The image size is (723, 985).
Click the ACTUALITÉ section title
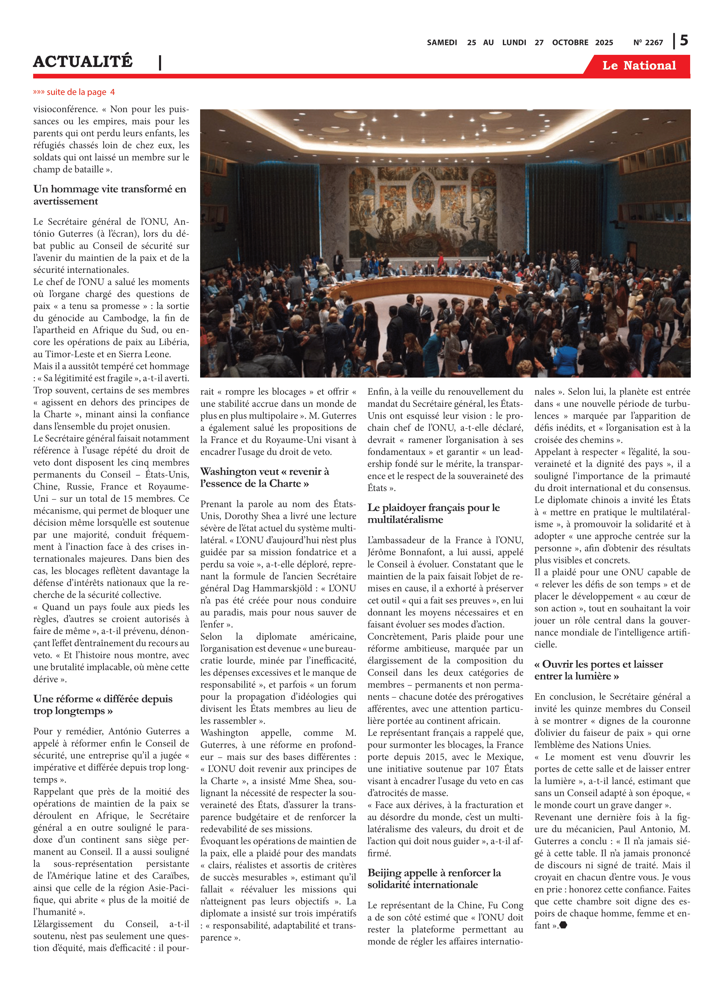point(83,62)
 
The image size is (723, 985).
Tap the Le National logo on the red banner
point(639,66)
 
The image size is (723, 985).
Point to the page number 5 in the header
point(684,41)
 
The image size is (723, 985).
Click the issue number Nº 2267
point(648,43)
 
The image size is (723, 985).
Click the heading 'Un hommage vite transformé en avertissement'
point(109,195)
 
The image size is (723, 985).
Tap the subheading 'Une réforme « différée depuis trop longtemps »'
point(103,704)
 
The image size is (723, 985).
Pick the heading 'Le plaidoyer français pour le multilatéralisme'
point(433,513)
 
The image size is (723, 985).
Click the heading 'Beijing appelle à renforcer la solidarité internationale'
point(434,878)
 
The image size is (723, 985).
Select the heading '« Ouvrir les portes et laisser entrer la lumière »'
point(598,670)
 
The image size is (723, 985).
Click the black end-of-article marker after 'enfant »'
point(563,925)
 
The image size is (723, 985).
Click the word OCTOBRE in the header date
point(570,43)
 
